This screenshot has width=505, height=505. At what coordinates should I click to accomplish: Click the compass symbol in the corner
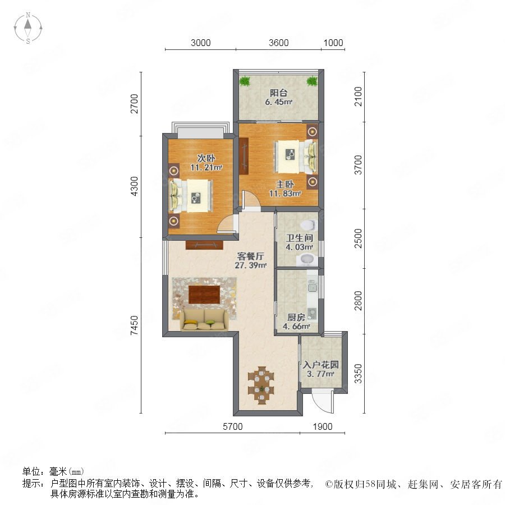(x=28, y=28)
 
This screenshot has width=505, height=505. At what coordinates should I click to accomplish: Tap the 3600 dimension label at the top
(x=278, y=43)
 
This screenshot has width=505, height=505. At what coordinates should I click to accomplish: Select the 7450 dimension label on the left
(x=134, y=325)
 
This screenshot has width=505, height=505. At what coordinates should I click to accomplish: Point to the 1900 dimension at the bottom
(x=323, y=426)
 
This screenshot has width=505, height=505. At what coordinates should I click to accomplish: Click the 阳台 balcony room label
(x=278, y=93)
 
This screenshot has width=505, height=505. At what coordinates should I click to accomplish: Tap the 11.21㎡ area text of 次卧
(x=206, y=167)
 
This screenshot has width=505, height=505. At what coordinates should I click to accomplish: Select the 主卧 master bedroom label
(x=285, y=184)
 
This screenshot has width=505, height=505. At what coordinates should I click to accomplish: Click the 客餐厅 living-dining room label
(x=251, y=256)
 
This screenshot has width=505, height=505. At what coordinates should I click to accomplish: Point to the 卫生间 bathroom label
(x=300, y=238)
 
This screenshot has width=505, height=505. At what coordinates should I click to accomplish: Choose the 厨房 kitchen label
(x=296, y=317)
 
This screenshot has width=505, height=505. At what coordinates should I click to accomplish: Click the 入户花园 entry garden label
(x=321, y=365)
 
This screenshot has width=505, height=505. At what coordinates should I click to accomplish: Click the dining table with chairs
(x=261, y=385)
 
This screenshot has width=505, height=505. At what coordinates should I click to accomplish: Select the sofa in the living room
(x=204, y=320)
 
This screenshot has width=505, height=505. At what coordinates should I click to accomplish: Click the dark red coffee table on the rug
(x=204, y=295)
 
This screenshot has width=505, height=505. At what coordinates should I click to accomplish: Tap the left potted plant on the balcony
(x=245, y=81)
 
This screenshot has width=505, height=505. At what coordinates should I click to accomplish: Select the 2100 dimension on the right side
(x=358, y=97)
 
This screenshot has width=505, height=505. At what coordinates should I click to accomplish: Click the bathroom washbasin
(x=306, y=259)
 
